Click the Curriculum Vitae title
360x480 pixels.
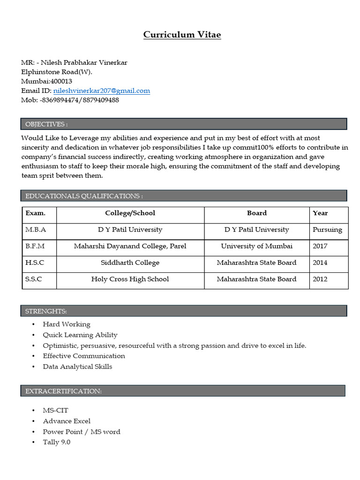click(x=182, y=35)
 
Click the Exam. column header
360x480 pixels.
click(x=36, y=213)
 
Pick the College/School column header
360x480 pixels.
click(x=130, y=213)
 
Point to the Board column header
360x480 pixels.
click(x=256, y=213)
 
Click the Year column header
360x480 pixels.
click(x=320, y=213)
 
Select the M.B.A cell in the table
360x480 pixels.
click(x=36, y=230)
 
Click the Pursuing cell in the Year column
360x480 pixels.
click(x=327, y=230)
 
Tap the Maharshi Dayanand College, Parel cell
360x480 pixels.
click(x=130, y=246)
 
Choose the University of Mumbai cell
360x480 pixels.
click(x=256, y=246)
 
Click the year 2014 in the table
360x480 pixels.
click(x=320, y=262)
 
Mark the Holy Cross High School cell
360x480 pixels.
click(x=130, y=279)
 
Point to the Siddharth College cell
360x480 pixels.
click(x=130, y=262)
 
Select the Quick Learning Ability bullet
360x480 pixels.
click(x=80, y=335)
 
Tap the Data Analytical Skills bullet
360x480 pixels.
click(x=77, y=367)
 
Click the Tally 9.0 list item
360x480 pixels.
click(x=57, y=442)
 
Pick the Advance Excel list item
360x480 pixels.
click(x=67, y=421)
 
